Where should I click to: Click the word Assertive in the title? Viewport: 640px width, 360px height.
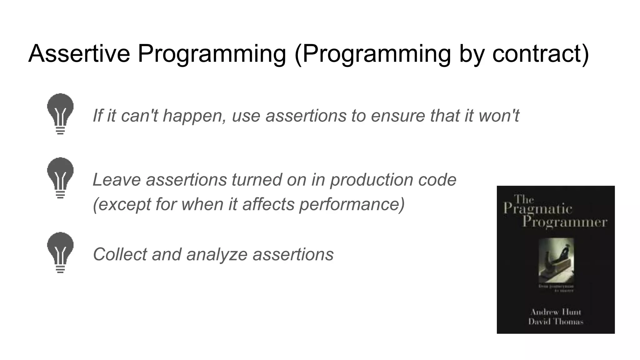[79, 54]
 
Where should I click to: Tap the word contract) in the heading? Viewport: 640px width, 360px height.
[541, 54]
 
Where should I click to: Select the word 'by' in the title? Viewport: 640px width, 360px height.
[472, 54]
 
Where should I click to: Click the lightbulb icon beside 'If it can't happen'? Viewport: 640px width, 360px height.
[60, 113]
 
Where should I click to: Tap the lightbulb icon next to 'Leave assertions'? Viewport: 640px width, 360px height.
[60, 177]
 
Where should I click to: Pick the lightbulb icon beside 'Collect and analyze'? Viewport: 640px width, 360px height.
[60, 252]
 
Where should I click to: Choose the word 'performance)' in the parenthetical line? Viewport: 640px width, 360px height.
[352, 204]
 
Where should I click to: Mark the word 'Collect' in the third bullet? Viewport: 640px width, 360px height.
[120, 254]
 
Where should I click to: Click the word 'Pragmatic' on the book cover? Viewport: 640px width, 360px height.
[537, 209]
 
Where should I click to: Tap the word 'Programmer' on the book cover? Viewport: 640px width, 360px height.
[565, 222]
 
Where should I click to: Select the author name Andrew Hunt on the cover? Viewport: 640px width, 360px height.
[556, 312]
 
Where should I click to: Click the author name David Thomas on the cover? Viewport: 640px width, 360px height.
[556, 322]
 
